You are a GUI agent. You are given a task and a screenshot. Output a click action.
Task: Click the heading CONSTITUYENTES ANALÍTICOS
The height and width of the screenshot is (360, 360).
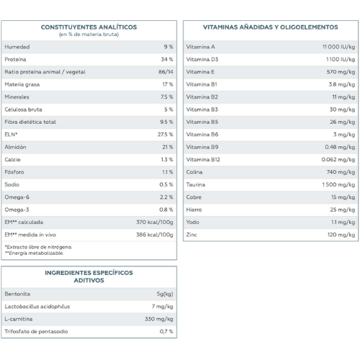(x=89, y=27)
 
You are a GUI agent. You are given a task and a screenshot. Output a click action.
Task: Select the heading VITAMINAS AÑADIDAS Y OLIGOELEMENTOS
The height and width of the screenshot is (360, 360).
(x=271, y=27)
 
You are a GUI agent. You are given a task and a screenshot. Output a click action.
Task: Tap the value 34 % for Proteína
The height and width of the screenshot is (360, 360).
(x=167, y=59)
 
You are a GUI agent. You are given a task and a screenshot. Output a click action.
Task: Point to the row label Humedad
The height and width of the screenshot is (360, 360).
(x=17, y=47)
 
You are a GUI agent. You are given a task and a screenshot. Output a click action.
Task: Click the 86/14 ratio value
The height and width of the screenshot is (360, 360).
(x=166, y=72)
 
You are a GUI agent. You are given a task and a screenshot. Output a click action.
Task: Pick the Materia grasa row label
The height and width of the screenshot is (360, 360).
(x=22, y=84)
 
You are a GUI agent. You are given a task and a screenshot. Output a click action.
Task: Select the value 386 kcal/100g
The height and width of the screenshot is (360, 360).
(x=155, y=235)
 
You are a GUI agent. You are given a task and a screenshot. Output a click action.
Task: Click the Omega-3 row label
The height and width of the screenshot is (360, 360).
(x=17, y=210)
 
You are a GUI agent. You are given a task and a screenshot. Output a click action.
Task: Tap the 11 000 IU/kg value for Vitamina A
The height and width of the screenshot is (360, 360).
(x=338, y=47)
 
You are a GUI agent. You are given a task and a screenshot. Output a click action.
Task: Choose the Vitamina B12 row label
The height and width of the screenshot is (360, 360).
(x=203, y=160)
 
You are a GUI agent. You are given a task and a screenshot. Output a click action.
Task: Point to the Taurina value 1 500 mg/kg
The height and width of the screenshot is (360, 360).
(x=338, y=184)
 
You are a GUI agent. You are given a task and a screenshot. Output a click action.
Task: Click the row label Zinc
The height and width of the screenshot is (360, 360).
(x=192, y=235)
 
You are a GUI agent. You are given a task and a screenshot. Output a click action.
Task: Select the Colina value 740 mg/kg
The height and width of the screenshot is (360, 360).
(x=341, y=172)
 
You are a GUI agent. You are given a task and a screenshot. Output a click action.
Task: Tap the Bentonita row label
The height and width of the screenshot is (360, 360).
(x=17, y=294)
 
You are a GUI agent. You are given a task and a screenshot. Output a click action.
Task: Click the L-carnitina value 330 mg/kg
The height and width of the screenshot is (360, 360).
(x=159, y=319)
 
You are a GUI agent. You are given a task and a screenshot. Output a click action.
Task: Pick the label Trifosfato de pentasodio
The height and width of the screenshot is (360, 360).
(x=36, y=331)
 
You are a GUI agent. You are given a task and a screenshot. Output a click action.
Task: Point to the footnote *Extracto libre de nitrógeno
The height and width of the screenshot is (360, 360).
(x=38, y=247)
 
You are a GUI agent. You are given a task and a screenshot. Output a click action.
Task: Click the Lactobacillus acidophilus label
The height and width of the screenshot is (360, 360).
(x=37, y=307)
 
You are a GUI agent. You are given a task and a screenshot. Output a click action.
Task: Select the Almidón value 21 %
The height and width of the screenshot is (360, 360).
(x=168, y=147)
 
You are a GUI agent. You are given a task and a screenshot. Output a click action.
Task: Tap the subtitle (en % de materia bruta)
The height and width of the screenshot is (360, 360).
(x=89, y=35)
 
